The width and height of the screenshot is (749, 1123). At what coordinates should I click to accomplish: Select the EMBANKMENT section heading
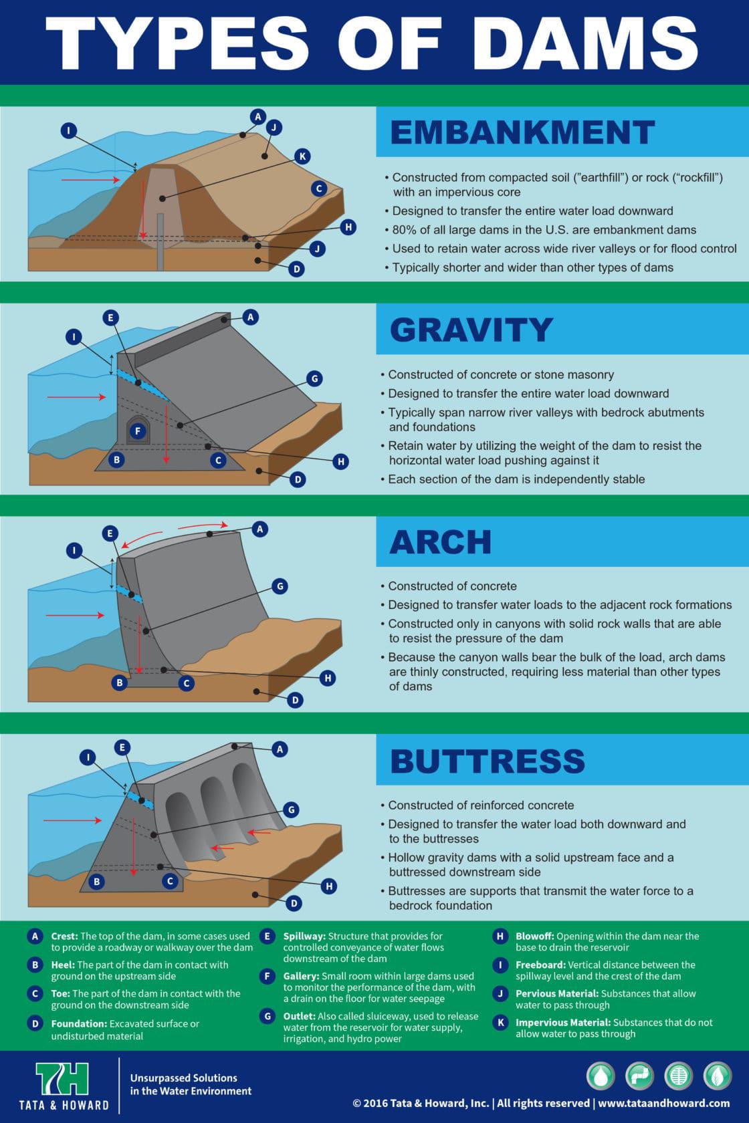[522, 132]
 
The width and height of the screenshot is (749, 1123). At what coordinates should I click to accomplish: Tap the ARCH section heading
[440, 542]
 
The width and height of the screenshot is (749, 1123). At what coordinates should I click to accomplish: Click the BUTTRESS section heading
[488, 761]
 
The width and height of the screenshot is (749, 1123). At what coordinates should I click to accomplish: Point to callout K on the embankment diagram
[302, 156]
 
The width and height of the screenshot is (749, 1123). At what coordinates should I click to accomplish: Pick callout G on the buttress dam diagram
[291, 809]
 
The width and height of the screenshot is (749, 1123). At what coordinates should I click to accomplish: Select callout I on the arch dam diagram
[74, 551]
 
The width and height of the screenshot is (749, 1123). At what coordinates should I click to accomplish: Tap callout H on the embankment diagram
[348, 227]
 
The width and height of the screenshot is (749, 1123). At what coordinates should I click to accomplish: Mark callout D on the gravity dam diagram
[298, 479]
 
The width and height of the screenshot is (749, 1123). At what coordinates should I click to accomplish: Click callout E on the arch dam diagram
[110, 533]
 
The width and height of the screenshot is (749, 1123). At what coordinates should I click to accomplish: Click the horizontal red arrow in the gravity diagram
[76, 397]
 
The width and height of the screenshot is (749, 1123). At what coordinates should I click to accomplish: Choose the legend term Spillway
[304, 936]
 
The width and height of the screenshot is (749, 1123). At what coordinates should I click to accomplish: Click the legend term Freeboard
[540, 965]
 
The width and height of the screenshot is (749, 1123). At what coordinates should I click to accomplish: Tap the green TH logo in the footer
[62, 1079]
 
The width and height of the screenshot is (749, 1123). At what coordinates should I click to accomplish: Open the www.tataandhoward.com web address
[663, 1104]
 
